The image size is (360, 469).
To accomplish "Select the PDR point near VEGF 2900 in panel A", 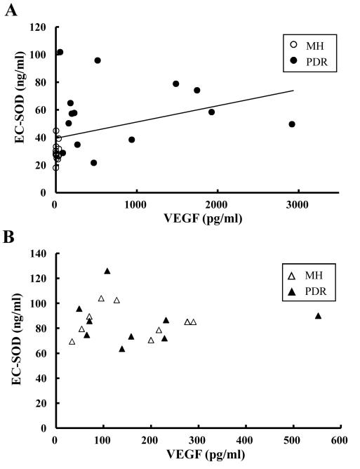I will [292, 124].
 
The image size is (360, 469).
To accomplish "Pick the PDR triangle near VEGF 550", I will [318, 316].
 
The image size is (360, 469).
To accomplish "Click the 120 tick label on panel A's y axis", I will [39, 27].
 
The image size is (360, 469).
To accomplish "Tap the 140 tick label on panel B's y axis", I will [39, 253].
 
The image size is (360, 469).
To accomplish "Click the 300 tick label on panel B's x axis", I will [196, 440].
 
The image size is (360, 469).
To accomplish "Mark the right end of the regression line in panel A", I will [293, 91].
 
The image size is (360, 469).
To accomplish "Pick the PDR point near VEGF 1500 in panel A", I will [176, 84].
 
